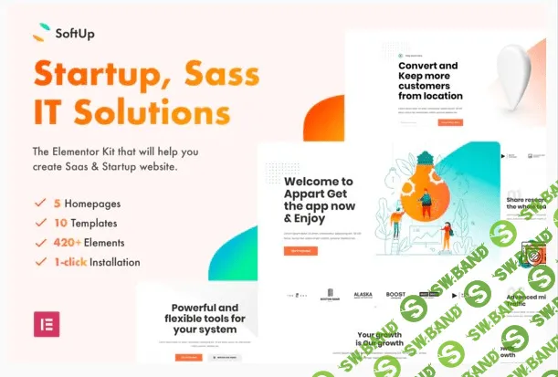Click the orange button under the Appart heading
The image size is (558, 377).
coord(300,250)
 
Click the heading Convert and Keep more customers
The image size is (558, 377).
coord(430,81)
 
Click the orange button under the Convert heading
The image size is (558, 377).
coord(450,122)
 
